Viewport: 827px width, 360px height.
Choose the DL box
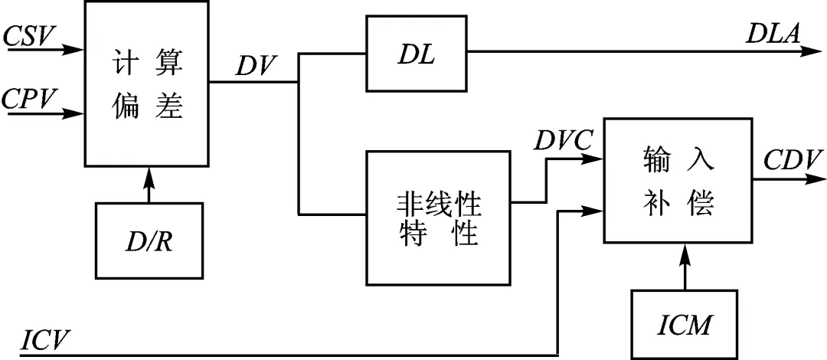pyautogui.click(x=417, y=53)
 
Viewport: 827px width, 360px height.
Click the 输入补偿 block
pyautogui.click(x=678, y=181)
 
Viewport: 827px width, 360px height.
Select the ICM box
pyautogui.click(x=684, y=324)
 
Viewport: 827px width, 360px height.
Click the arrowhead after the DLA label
pyautogui.click(x=812, y=52)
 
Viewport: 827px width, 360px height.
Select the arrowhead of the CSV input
pyautogui.click(x=74, y=50)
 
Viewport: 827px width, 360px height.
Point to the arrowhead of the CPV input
pyautogui.click(x=74, y=114)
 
